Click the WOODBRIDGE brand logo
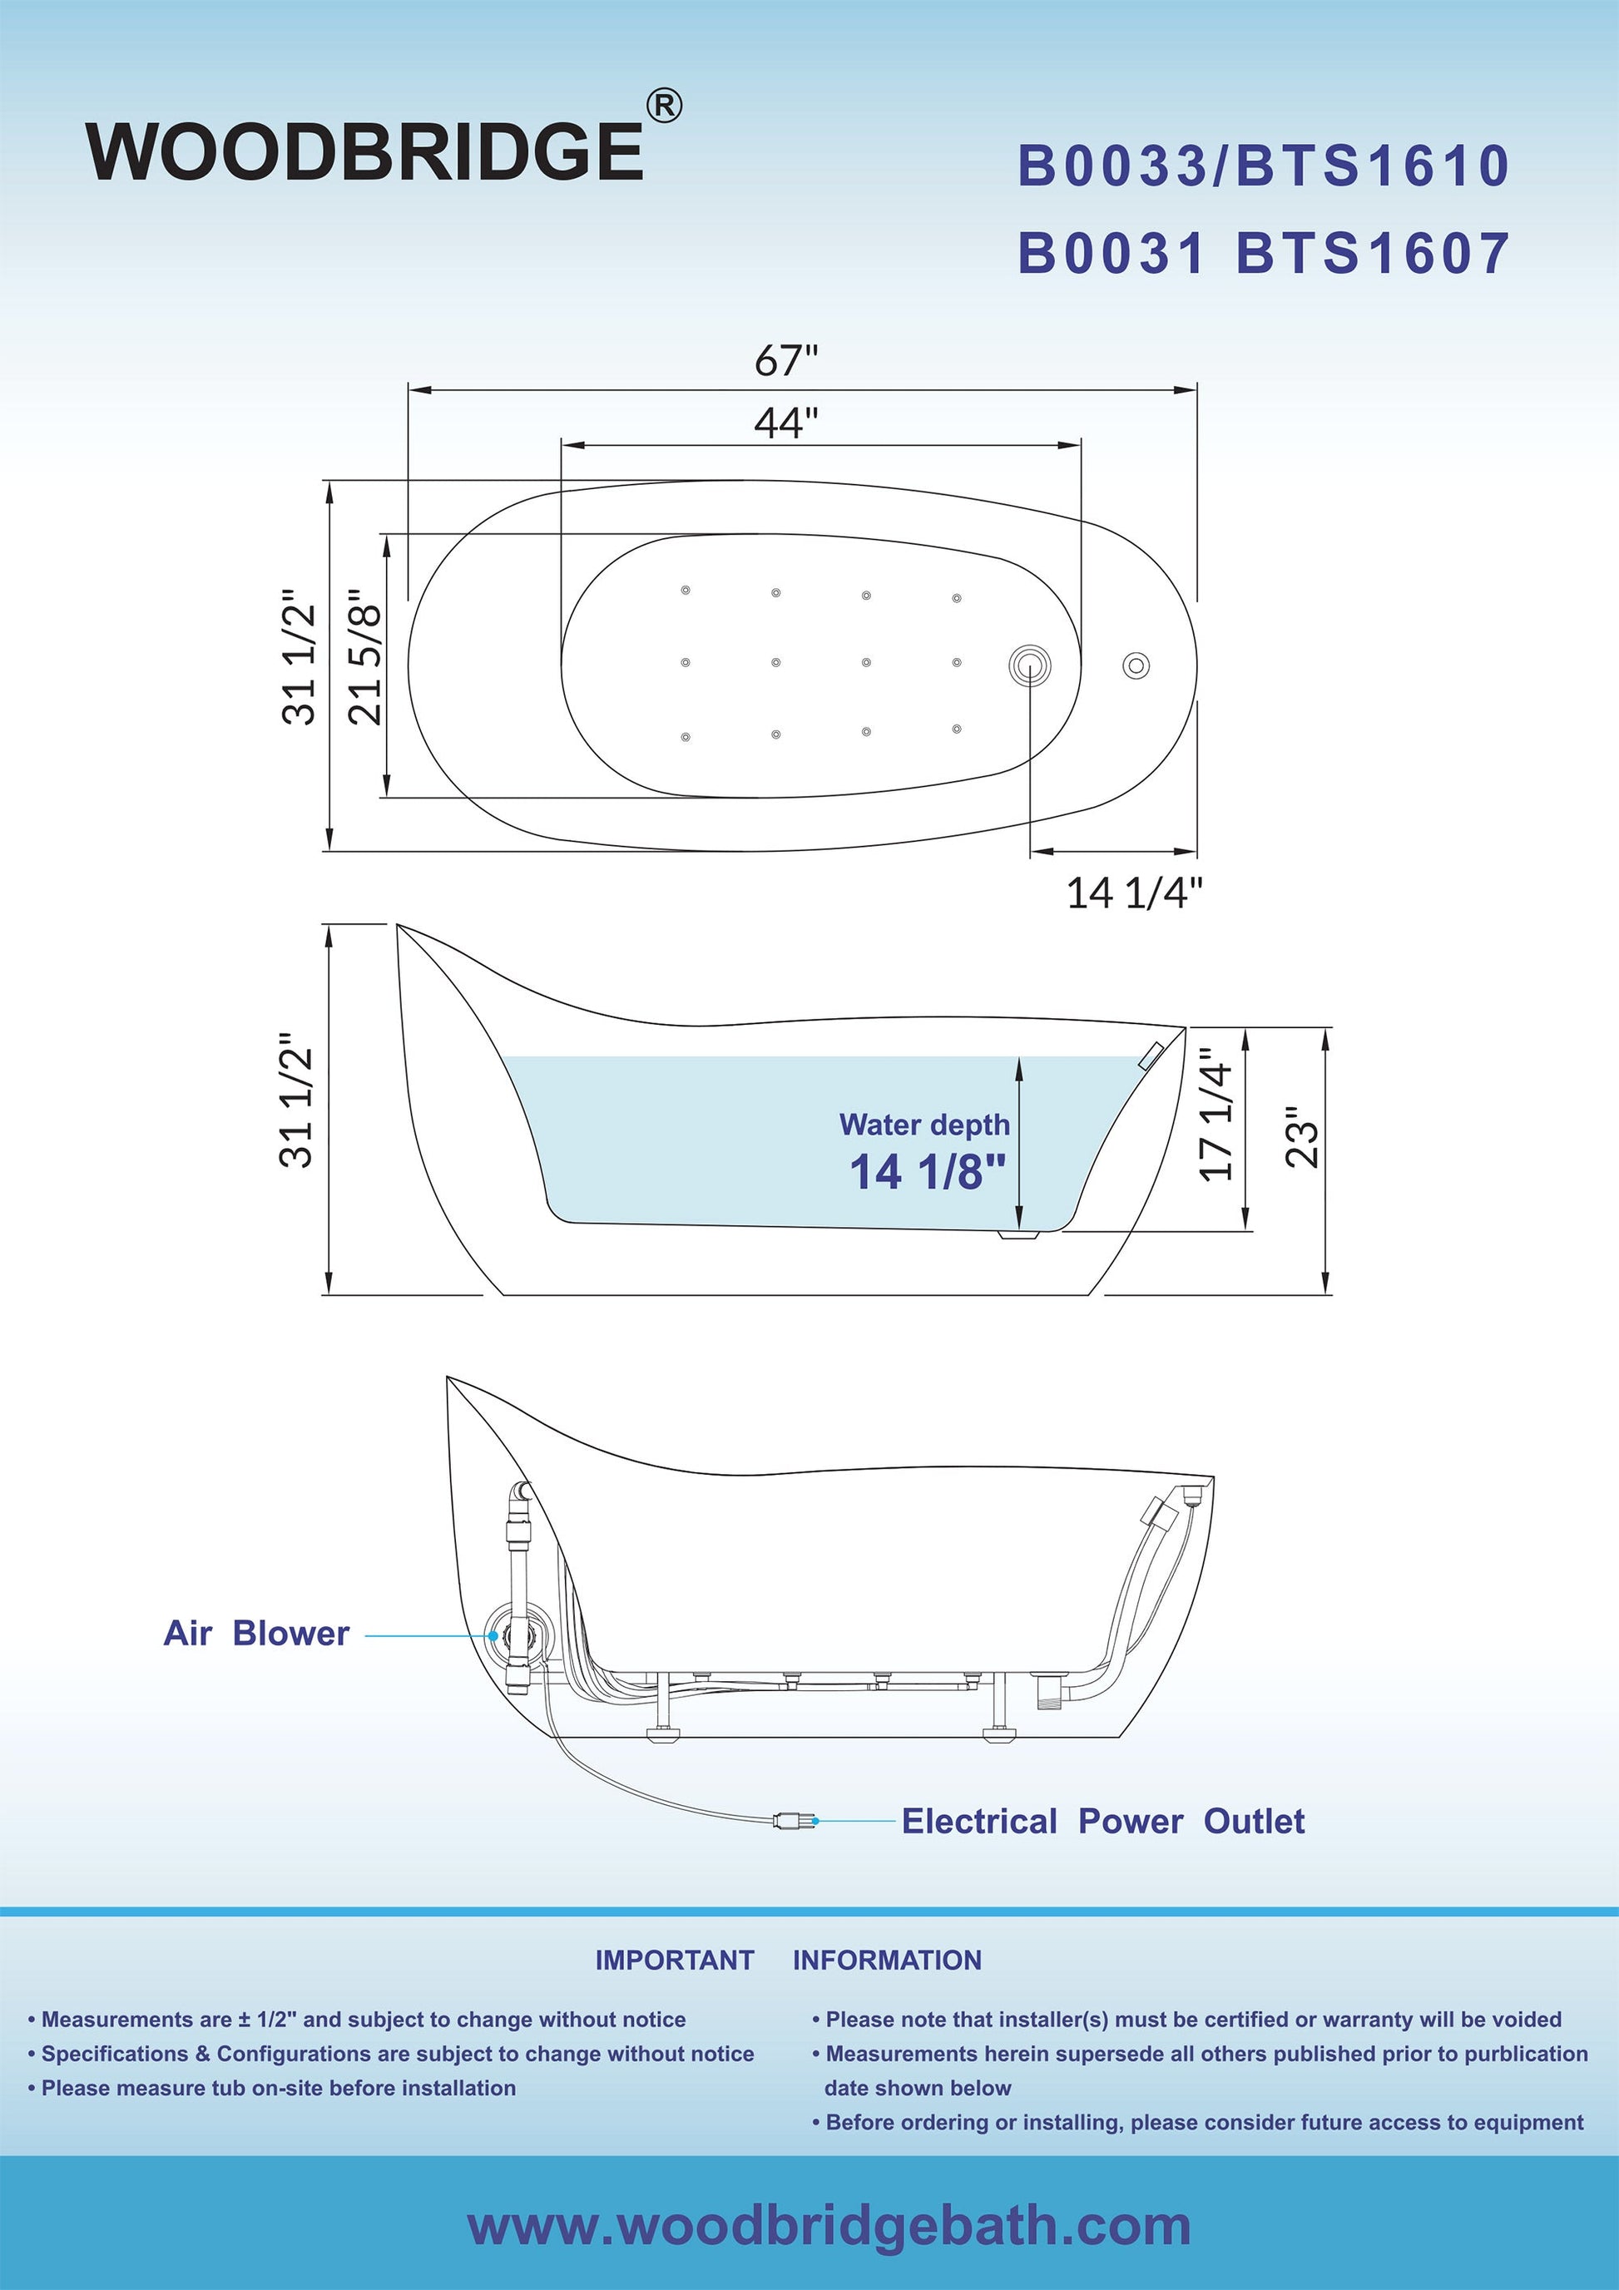(365, 151)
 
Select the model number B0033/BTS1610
(1263, 166)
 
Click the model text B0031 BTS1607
(1263, 254)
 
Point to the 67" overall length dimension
(786, 361)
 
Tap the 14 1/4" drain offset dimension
(1135, 893)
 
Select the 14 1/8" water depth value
(927, 1171)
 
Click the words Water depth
(924, 1124)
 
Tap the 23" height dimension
(1302, 1137)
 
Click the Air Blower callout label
(256, 1633)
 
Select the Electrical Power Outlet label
(1103, 1821)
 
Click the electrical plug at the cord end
(793, 1820)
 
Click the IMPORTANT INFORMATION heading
(788, 1960)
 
